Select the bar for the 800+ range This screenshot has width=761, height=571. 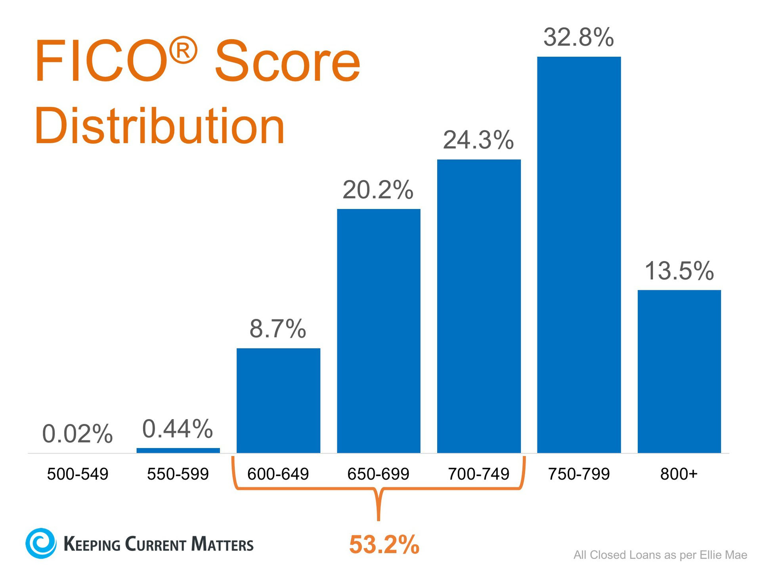tap(679, 371)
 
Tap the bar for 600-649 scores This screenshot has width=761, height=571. tap(278, 400)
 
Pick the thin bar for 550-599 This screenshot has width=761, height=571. tap(178, 450)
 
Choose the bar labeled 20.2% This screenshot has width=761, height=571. tap(379, 331)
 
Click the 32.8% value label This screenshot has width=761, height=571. tap(578, 38)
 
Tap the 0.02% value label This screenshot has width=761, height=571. tap(77, 433)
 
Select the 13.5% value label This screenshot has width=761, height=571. tap(679, 271)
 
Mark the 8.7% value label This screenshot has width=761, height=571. tap(278, 329)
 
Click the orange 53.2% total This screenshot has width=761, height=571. tap(384, 544)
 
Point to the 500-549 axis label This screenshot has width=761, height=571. tap(78, 474)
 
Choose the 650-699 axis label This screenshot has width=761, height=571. tap(378, 474)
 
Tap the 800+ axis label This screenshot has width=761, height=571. tap(679, 474)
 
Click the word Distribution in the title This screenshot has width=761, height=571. tap(159, 126)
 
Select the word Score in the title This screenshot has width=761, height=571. tap(287, 61)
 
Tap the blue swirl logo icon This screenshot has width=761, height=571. tap(41, 543)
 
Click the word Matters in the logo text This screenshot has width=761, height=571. tap(222, 544)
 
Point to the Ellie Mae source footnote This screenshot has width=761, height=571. tap(660, 555)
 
